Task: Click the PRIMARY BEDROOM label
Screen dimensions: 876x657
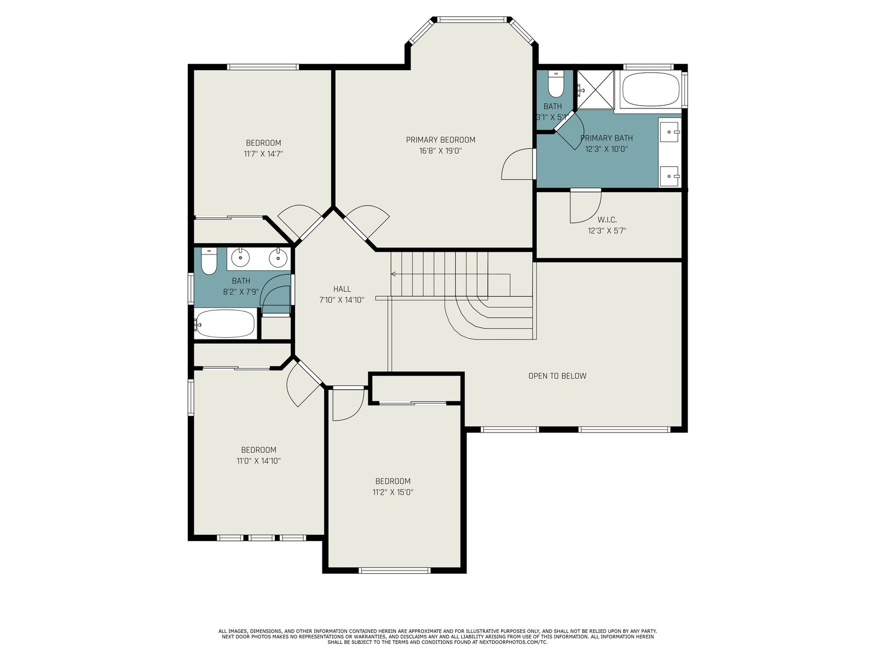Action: [440, 140]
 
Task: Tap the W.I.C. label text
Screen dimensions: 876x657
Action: [607, 220]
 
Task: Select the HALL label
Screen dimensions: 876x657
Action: [342, 289]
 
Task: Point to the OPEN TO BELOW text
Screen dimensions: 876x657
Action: [557, 376]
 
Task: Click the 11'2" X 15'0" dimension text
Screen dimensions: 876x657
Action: [393, 492]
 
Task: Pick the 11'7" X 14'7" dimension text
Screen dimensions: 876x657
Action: [263, 154]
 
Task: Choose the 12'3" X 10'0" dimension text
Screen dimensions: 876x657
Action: [607, 149]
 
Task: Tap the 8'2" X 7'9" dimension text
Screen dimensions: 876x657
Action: [241, 292]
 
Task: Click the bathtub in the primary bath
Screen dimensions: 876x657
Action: [651, 89]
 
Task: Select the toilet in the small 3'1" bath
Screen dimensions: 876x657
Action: [556, 84]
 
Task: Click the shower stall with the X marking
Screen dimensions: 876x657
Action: [596, 90]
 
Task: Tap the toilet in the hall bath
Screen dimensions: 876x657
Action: [209, 261]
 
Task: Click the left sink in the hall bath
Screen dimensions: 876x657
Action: [241, 258]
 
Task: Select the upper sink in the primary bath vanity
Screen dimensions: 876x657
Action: [670, 132]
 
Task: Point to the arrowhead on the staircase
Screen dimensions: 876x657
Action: [393, 274]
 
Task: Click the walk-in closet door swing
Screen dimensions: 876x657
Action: [585, 206]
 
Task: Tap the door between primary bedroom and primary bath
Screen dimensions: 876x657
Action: [517, 164]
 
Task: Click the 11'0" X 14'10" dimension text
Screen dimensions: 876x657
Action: [258, 461]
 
